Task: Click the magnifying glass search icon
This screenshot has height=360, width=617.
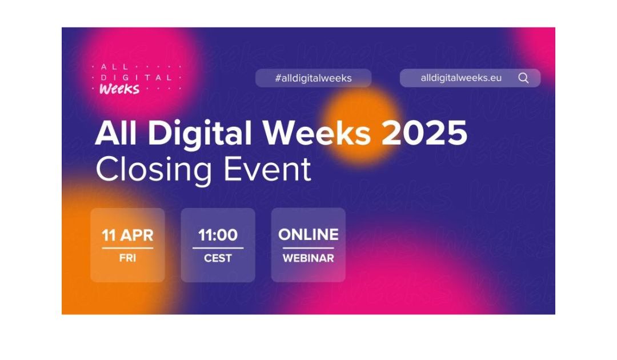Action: [x=523, y=78]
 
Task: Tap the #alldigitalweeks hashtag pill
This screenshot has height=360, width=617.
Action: [x=313, y=78]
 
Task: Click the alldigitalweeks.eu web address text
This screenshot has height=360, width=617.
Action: [x=461, y=78]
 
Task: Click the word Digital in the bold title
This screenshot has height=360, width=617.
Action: [x=200, y=134]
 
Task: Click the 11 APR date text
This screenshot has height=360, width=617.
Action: [x=127, y=235]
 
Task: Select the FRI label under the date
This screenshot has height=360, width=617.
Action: [x=127, y=258]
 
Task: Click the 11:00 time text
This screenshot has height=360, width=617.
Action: [x=218, y=235]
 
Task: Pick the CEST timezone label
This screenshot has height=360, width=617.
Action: [x=218, y=258]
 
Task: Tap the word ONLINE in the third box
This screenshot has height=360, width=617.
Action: [x=308, y=234]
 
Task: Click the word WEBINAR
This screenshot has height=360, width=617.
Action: [x=308, y=258]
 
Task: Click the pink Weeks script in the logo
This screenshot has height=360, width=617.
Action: [x=119, y=89]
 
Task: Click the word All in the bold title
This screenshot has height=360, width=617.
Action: [x=117, y=134]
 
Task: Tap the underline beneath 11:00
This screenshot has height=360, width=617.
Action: [x=218, y=248]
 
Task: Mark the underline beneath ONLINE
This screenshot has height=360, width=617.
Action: [x=308, y=248]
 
